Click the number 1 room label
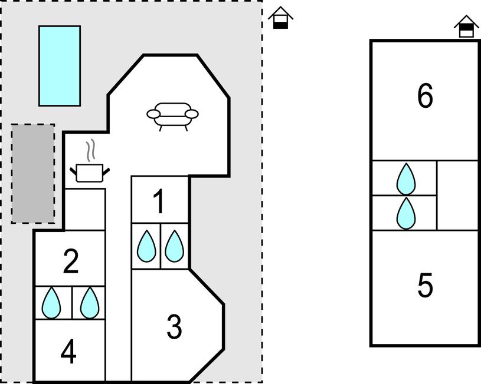coord(159,202)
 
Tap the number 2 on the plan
coord(70,261)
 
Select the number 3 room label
coord(174,327)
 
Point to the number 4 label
coord(68,353)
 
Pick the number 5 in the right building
coord(425,286)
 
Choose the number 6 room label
coord(425,97)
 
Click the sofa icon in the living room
coord(172,115)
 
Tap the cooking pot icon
coord(90,172)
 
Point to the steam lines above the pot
coord(90,151)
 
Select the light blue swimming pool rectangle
coord(60,65)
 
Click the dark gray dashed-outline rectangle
coord(33,173)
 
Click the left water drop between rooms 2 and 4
coord(52,303)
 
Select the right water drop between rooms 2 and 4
coord(90,303)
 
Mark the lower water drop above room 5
coord(406,213)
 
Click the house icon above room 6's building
coord(466,27)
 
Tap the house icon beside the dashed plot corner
coord(281,18)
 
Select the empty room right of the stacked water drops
coord(457,195)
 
